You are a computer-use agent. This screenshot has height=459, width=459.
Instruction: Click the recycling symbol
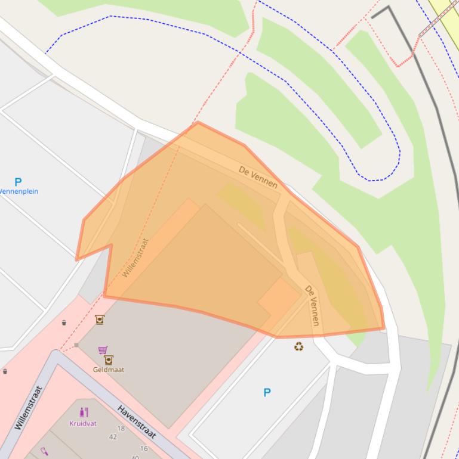[x=298, y=346]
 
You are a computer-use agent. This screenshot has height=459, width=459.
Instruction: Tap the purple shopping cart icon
[x=103, y=349]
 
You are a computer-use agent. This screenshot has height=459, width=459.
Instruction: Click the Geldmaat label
[x=109, y=370]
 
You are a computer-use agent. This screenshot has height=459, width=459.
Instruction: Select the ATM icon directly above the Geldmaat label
[x=109, y=360]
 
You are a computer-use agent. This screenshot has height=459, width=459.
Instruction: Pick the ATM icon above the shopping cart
[x=100, y=320]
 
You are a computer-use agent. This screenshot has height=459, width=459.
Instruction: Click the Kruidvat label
[x=83, y=423]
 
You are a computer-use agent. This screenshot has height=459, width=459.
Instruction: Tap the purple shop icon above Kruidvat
[x=84, y=412]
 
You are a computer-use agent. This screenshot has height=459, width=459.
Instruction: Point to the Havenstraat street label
[x=137, y=422]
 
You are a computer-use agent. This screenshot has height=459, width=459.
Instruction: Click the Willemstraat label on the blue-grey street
[x=29, y=408]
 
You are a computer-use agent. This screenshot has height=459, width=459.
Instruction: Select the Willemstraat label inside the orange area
[x=135, y=258]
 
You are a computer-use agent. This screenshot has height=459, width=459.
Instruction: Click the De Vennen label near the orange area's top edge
[x=258, y=177]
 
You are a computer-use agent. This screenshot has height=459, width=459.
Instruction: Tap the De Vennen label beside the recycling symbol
[x=312, y=305]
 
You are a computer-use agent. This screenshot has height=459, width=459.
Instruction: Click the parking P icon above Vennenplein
[x=18, y=182]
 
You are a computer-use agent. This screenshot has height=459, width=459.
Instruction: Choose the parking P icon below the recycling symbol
[x=267, y=392]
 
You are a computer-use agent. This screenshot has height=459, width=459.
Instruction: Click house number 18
[x=121, y=428]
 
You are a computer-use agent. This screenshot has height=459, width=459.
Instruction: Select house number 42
[x=113, y=437]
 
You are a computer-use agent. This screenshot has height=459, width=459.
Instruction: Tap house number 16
[x=144, y=448]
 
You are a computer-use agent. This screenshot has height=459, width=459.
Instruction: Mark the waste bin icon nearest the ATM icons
[x=64, y=322]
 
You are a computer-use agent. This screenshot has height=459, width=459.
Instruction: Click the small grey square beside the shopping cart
[x=76, y=345]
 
